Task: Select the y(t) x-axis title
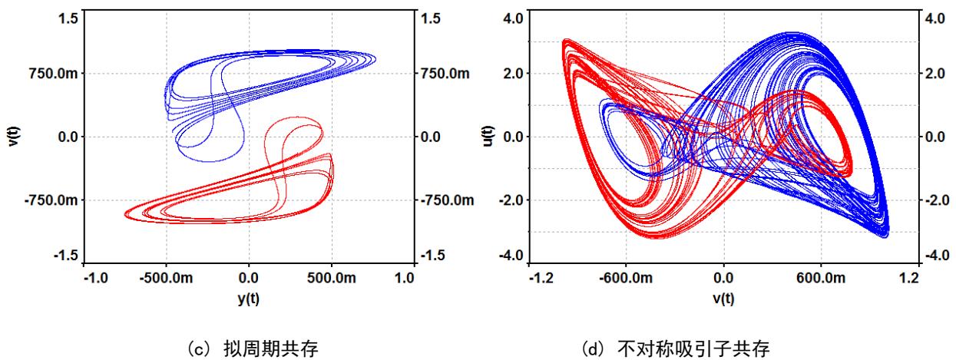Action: point(248,299)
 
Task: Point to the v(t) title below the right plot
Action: point(723,299)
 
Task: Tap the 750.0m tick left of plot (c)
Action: point(51,74)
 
